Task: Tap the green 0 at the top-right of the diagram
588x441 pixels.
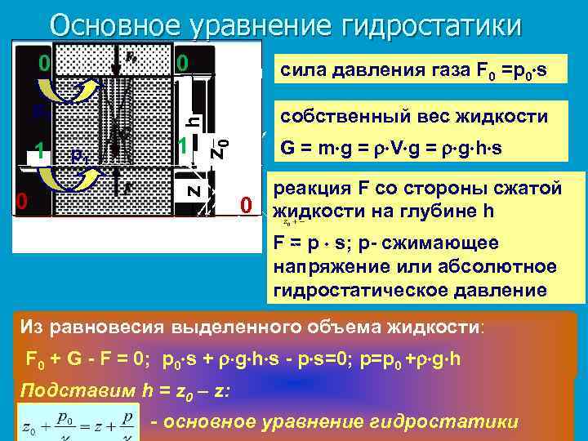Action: (183, 63)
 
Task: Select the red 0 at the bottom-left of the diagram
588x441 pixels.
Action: (23, 202)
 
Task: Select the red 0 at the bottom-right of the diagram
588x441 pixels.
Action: (246, 204)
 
